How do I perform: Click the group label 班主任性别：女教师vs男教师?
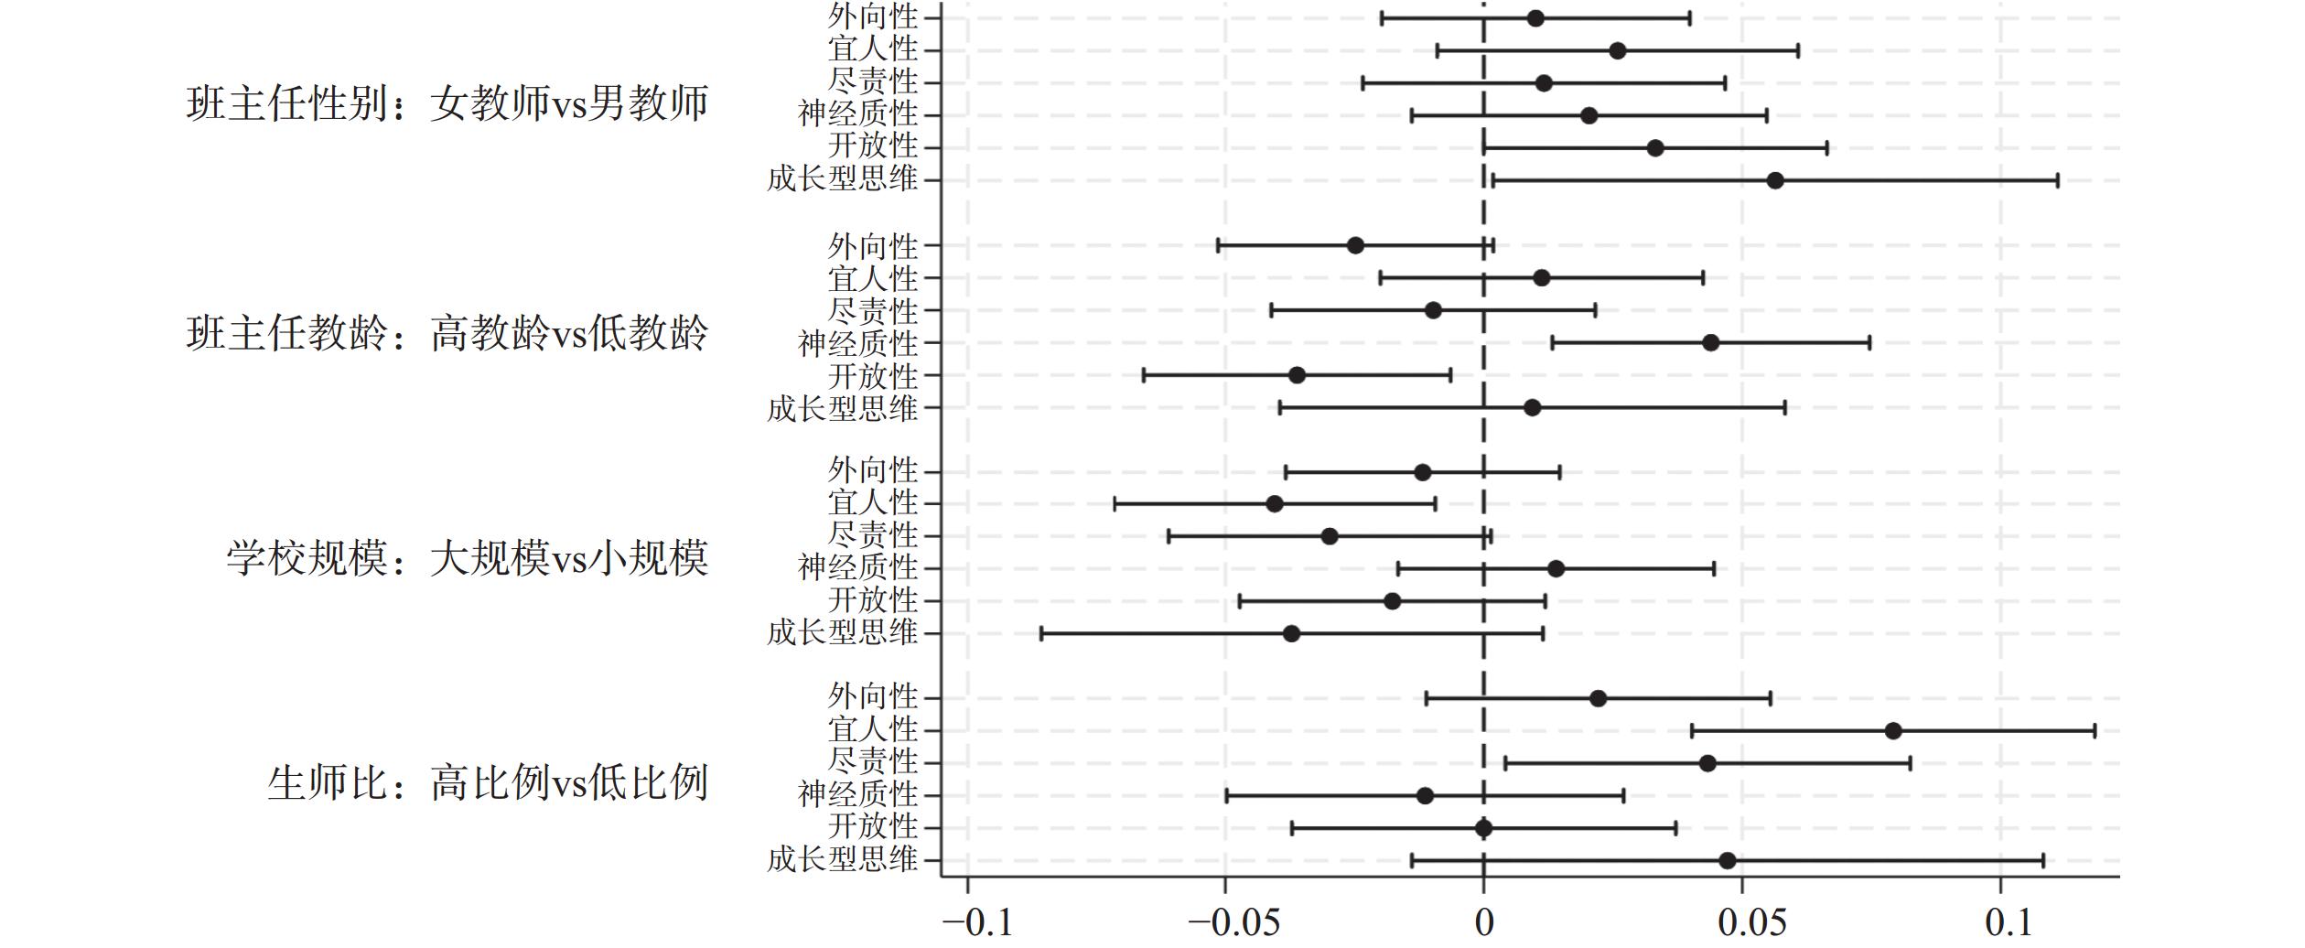click(447, 103)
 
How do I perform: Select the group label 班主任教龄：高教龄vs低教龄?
click(447, 333)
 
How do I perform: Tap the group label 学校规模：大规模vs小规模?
click(467, 558)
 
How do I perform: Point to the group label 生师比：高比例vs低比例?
click(487, 782)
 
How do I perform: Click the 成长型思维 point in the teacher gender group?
click(1775, 180)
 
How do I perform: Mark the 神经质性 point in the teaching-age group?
click(1710, 343)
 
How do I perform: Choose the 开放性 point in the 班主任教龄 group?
click(1297, 375)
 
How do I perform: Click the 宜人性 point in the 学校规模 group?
click(1275, 504)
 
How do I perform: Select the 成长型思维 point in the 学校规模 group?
click(1292, 633)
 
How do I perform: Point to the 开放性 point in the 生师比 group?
click(1483, 828)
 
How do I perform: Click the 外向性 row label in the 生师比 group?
click(872, 697)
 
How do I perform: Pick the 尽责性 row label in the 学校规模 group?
click(872, 535)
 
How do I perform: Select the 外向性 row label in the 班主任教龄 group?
click(872, 246)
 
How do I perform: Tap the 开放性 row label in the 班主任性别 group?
click(872, 146)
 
